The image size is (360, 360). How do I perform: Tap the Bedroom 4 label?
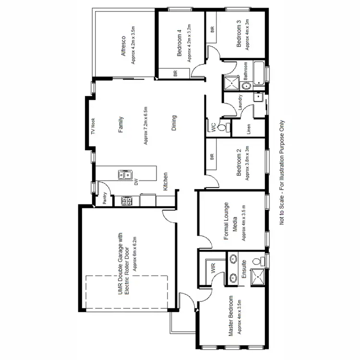(179, 43)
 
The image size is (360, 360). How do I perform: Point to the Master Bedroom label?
(231, 316)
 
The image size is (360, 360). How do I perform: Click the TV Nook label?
(93, 132)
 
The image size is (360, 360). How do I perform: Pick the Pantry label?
(104, 199)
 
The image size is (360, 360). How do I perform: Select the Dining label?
(174, 122)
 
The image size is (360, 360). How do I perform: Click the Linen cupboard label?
(249, 129)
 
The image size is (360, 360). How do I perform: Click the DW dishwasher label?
(136, 181)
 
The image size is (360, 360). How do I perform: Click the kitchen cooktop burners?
(127, 201)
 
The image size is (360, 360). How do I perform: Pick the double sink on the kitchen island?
(124, 175)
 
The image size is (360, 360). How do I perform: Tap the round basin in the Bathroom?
(245, 86)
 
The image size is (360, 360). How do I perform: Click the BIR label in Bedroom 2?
(212, 156)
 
